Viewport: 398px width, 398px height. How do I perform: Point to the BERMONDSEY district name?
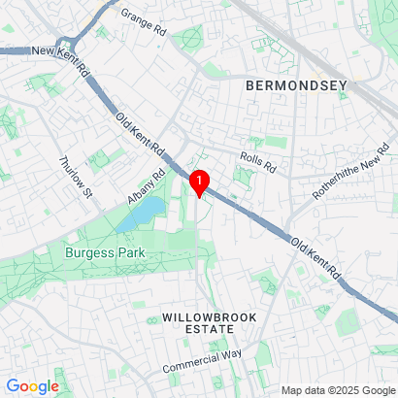(x=296, y=86)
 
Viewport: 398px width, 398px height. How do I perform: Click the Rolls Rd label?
(x=257, y=160)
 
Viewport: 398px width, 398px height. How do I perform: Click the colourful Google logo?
(x=32, y=386)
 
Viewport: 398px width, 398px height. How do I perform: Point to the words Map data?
(x=301, y=390)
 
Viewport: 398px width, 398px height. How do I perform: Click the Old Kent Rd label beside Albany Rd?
(x=142, y=135)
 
